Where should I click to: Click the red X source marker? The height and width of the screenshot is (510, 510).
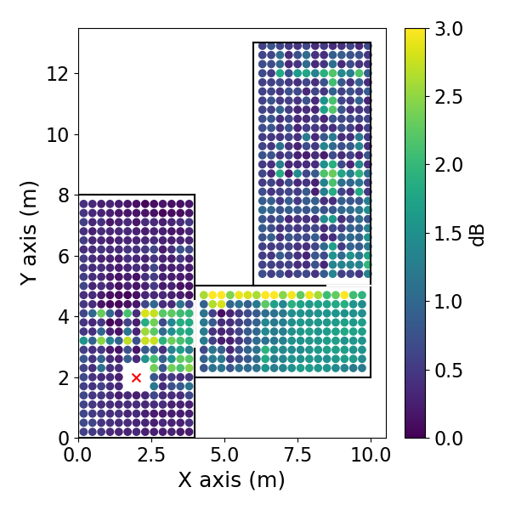tap(136, 377)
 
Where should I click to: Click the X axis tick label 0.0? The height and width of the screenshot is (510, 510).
tap(78, 455)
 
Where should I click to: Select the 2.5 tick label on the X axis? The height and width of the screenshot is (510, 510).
tap(151, 455)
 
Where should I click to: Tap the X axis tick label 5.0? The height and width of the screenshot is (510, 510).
tap(224, 455)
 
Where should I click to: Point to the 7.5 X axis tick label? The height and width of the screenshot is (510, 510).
tap(297, 455)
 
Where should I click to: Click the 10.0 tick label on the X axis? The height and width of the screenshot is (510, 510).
tap(371, 455)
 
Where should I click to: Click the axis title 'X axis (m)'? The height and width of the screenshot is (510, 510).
tap(231, 480)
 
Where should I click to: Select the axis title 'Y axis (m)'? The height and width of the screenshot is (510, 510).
tap(29, 232)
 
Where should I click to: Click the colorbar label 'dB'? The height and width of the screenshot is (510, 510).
tap(479, 233)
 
